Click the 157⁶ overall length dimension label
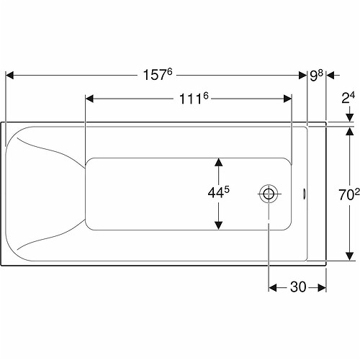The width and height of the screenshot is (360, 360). (x=158, y=75)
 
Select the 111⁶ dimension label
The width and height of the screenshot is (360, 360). (x=194, y=99)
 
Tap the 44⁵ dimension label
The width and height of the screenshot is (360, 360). (x=218, y=192)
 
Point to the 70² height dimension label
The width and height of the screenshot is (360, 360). (x=349, y=194)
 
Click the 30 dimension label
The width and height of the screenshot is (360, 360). (x=298, y=287)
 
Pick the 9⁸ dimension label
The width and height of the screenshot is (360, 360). (x=316, y=76)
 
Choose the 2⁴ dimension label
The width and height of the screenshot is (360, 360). (x=348, y=98)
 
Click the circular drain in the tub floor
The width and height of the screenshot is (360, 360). (x=269, y=194)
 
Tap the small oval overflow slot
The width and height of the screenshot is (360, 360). (x=305, y=194)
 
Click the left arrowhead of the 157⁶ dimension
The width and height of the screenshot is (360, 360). (x=9, y=76)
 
